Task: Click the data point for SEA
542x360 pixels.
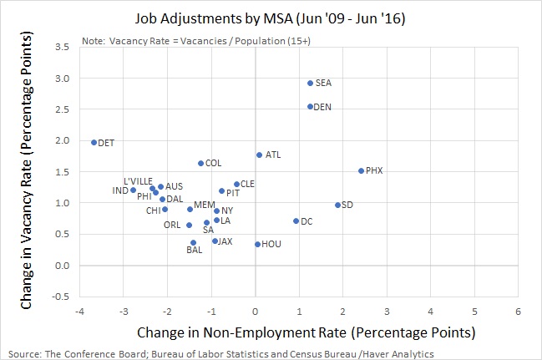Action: coord(310,84)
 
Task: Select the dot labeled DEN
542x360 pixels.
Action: coord(310,107)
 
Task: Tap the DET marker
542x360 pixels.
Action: coord(94,143)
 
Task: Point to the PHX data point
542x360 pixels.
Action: coord(361,171)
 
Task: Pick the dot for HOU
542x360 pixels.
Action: coord(257,244)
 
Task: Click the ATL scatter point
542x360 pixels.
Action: coord(259,155)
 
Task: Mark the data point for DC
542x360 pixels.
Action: coord(296,221)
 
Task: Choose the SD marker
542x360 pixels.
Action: coord(337,205)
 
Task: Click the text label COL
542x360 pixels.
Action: coord(213,164)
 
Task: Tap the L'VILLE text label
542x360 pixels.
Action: coord(138,181)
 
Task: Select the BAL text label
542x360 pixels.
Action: coord(194,250)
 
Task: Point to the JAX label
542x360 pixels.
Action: coord(225,241)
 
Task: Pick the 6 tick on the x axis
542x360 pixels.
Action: coord(519,311)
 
